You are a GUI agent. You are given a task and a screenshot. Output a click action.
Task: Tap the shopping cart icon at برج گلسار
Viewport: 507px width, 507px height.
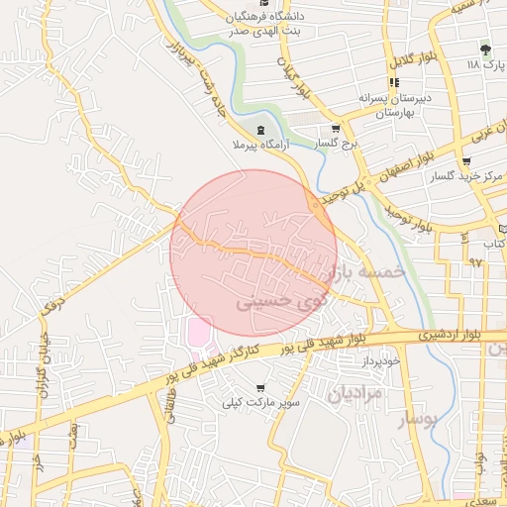coord(335,129)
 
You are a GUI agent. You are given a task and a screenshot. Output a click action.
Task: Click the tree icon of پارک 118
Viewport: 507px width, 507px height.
coord(484,49)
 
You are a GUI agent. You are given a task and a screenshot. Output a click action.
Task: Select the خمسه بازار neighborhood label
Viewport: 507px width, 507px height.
coord(366,269)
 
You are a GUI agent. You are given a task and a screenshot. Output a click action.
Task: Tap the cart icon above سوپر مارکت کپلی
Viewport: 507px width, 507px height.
coord(260,388)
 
